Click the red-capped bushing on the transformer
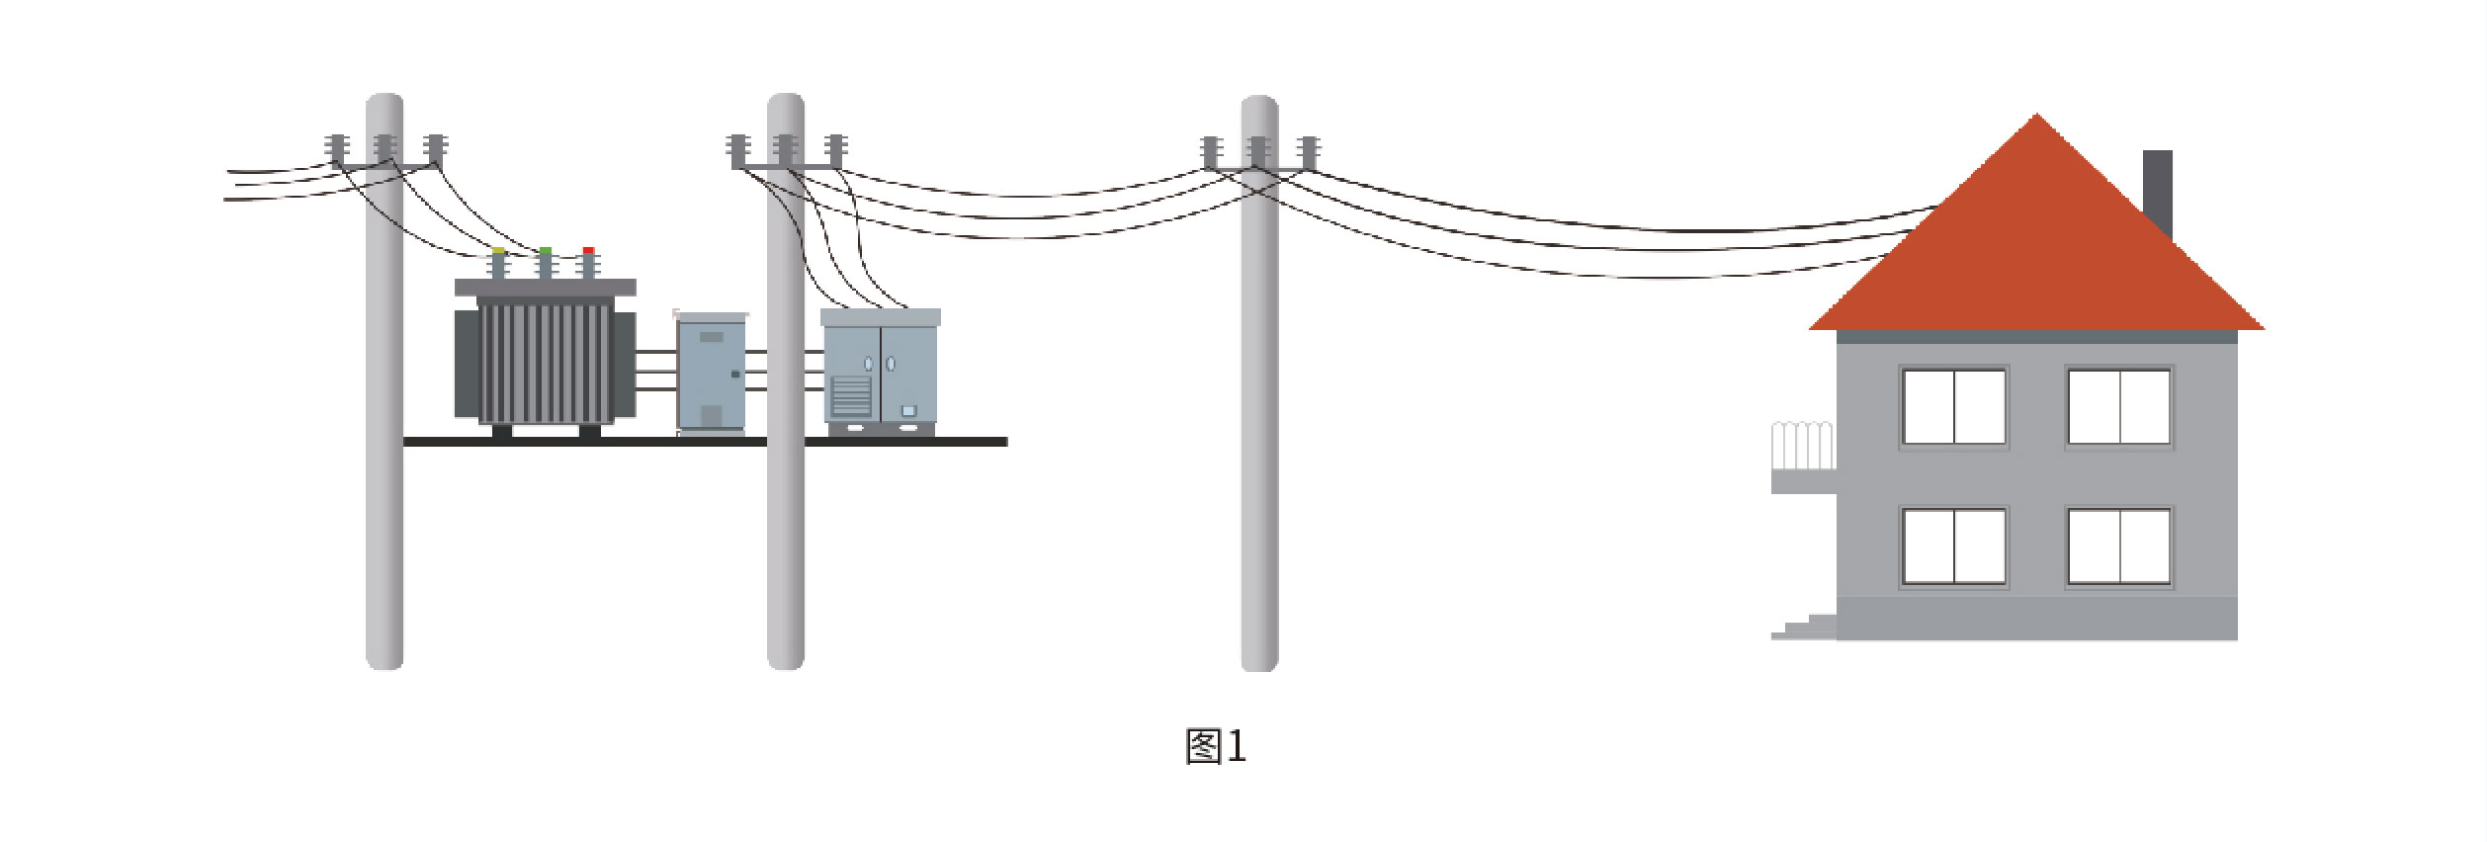coord(588,264)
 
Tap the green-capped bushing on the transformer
coord(544,264)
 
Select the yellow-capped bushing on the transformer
coord(498,264)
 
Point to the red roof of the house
coord(2036,257)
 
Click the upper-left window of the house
coord(1954,407)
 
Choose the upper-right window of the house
coord(2119,407)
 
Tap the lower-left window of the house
coord(1954,547)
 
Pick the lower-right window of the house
coord(2119,547)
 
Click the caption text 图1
coord(1216,747)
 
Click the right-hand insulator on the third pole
coord(1309,152)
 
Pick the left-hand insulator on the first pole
coord(336,148)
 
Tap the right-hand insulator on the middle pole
coord(835,150)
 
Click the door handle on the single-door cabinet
coord(734,375)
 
